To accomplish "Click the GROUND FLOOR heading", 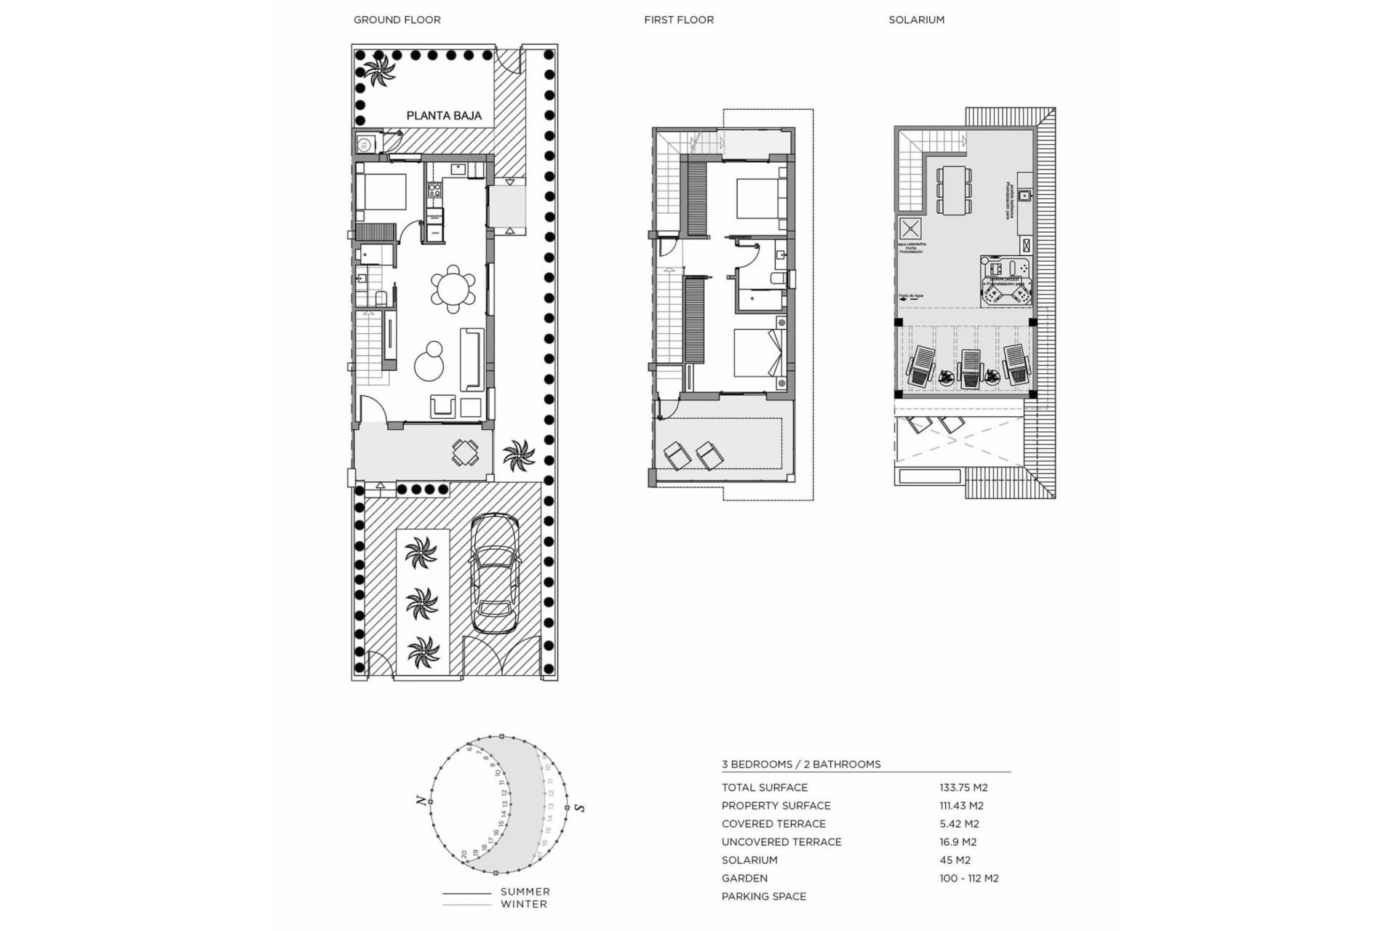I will [x=397, y=20].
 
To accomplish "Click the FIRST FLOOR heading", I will [x=678, y=20].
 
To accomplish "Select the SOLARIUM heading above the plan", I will [x=916, y=20].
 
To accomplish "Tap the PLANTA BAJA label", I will [x=444, y=116].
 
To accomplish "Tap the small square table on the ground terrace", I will [x=466, y=452].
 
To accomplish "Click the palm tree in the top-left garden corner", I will [x=378, y=71].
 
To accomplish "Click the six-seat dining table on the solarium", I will [x=953, y=190].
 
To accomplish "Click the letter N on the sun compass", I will [x=421, y=800].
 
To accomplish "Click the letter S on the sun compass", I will [x=580, y=807].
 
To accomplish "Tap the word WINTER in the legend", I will [x=523, y=904].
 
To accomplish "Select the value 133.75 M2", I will [x=963, y=787].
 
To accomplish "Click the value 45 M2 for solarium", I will [x=955, y=860].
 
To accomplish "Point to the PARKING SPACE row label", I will [x=763, y=896].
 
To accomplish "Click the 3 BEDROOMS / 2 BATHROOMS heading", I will [x=800, y=764].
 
